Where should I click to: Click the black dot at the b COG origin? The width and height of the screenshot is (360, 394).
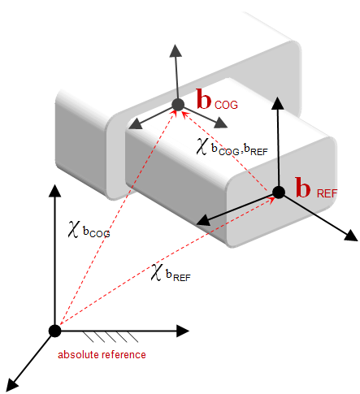178,105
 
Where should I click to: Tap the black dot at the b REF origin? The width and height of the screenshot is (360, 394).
279,193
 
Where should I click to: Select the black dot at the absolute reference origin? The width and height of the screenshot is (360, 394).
55,331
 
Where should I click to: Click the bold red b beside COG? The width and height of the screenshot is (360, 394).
204,99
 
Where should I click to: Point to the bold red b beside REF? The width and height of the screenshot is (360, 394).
303,187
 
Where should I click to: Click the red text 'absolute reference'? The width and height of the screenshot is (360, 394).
102,354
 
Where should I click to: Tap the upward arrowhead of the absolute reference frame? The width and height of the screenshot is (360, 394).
55,191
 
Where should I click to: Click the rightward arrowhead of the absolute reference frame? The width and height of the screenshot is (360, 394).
183,331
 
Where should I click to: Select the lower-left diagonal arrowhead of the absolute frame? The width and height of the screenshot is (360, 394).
12,385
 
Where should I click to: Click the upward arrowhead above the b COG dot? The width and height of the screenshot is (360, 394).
176,51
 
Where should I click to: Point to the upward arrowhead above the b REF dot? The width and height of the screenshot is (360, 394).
277,104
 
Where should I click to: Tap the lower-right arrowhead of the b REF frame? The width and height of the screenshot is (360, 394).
351,235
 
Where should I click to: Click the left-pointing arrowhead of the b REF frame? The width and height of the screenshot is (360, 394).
203,221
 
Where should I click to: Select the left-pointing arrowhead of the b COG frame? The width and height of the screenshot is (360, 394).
135,124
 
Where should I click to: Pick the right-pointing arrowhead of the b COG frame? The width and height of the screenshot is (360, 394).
221,123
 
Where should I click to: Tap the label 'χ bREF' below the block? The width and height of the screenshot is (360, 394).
171,273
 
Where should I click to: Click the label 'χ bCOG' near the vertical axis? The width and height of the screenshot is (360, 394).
89,230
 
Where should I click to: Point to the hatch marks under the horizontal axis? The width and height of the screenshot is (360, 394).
111,337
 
